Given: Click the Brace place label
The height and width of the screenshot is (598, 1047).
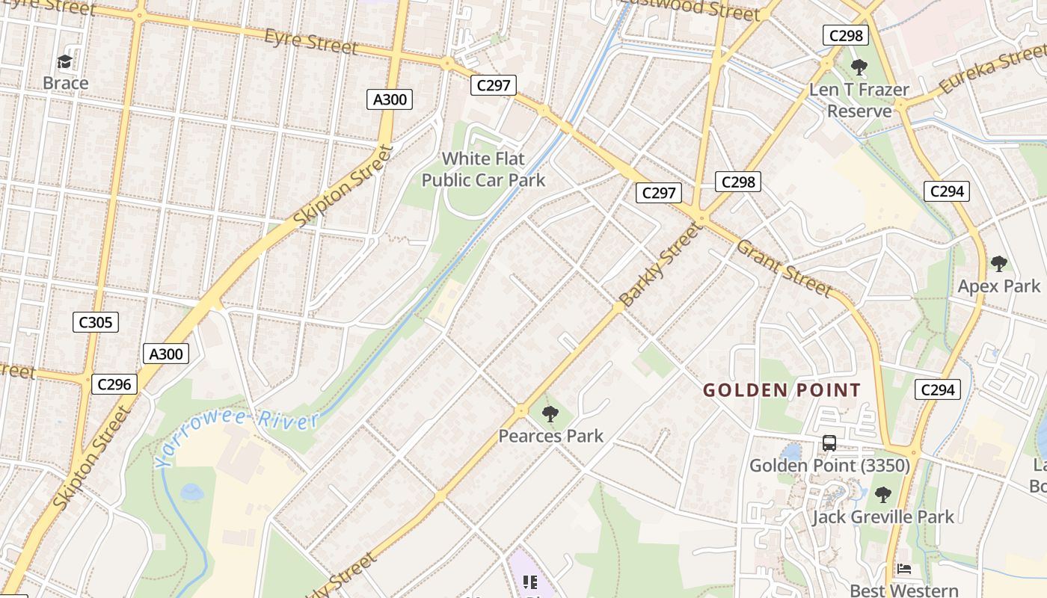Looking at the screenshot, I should coord(66,83).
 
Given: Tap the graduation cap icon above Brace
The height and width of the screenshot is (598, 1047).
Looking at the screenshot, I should coord(66,61).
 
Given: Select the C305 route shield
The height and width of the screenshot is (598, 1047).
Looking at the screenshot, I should coord(96,322).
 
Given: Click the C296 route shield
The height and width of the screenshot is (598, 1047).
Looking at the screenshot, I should coord(114,384).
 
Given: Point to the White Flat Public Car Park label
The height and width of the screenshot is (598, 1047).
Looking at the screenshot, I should coord(484,170).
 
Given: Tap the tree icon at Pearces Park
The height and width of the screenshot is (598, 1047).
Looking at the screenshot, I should coord(550,413).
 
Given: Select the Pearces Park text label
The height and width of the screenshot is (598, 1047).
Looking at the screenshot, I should coord(550,436).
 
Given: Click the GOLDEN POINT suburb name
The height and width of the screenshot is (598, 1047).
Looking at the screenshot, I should coord(782,390).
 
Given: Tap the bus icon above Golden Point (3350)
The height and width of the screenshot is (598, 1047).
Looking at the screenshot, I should coord(829,443).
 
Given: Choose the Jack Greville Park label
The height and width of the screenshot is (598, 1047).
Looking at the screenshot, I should coord(883,517).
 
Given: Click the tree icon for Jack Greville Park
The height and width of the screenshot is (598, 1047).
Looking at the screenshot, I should coord(883,494).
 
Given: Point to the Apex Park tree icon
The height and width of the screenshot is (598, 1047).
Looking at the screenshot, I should coord(998,263).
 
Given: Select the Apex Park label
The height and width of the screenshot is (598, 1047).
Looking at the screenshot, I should coord(998,286).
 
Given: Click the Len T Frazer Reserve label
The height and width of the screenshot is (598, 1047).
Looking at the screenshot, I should coord(859,100).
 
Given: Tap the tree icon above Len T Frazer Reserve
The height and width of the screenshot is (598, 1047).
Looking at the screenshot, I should coord(859,67).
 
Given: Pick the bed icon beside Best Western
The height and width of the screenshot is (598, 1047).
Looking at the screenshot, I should coord(904,570).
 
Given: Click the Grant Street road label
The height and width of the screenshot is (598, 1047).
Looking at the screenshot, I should coord(784,268).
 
